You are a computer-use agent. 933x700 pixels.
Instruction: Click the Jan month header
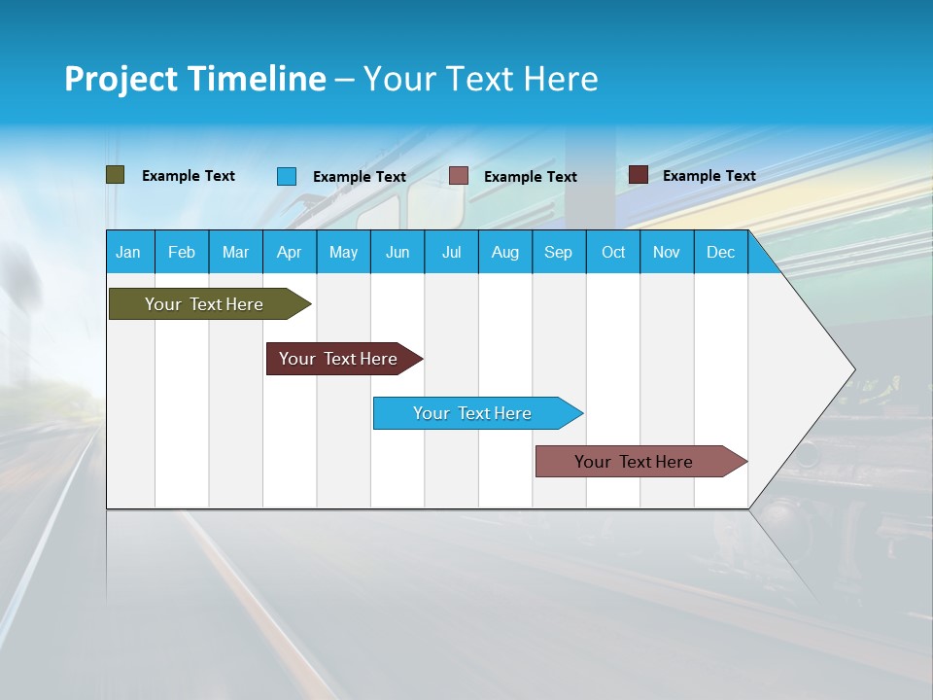(x=128, y=252)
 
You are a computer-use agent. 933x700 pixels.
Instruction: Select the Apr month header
(x=289, y=252)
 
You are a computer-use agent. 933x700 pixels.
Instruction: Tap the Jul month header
(x=451, y=252)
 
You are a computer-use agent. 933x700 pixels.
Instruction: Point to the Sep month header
(x=558, y=252)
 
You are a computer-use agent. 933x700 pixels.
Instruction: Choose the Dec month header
(x=720, y=252)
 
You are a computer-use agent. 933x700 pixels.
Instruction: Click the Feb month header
(x=182, y=252)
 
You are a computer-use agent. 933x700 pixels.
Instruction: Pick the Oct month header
(x=613, y=252)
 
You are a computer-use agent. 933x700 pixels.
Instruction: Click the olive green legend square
(x=116, y=175)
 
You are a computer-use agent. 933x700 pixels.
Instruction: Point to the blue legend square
(x=287, y=176)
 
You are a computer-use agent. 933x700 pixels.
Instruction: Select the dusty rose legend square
(x=459, y=176)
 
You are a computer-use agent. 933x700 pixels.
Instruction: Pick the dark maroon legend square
(x=639, y=175)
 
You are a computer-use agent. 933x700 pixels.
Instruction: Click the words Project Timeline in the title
(x=195, y=79)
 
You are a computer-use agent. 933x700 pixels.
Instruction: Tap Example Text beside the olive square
(x=189, y=176)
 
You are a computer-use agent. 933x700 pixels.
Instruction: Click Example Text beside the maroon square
(x=709, y=176)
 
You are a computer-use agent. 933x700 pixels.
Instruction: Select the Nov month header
(x=667, y=252)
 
